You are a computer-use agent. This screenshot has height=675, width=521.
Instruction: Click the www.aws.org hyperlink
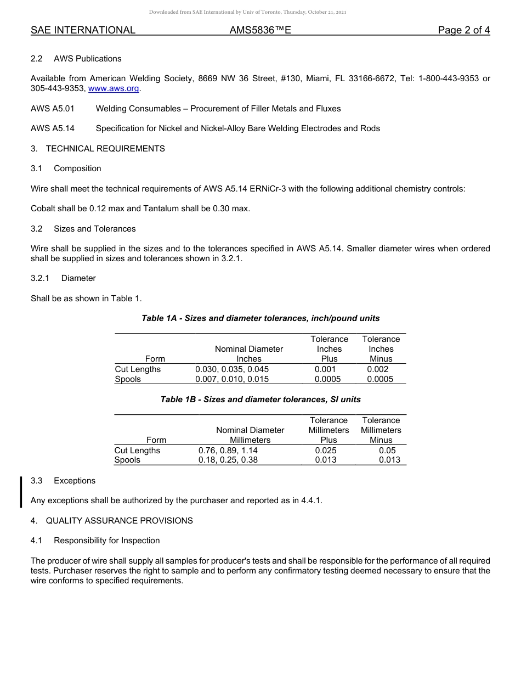pyautogui.click(x=114, y=88)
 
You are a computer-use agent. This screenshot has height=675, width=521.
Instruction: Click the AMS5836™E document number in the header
pyautogui.click(x=260, y=31)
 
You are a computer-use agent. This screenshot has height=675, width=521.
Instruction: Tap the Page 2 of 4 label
pyautogui.click(x=463, y=31)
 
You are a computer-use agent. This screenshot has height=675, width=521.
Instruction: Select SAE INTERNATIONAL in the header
pyautogui.click(x=83, y=31)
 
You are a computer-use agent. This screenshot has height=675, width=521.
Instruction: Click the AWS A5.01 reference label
pyautogui.click(x=52, y=109)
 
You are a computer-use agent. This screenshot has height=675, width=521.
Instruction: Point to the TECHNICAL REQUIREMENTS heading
pyautogui.click(x=105, y=149)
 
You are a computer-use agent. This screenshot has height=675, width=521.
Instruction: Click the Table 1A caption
pyautogui.click(x=260, y=318)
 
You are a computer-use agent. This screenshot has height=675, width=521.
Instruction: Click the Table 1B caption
pyautogui.click(x=260, y=400)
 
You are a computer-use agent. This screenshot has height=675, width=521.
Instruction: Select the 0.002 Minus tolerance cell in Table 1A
pyautogui.click(x=378, y=369)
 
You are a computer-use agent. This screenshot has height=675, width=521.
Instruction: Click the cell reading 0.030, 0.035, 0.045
pyautogui.click(x=232, y=369)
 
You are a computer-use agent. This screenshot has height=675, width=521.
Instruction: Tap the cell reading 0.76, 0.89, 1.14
pyautogui.click(x=228, y=451)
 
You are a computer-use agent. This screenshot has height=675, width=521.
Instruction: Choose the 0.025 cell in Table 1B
pyautogui.click(x=326, y=451)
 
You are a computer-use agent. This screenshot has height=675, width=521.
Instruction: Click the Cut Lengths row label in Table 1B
pyautogui.click(x=137, y=451)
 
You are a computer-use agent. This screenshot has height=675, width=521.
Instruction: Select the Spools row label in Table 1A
pyautogui.click(x=128, y=379)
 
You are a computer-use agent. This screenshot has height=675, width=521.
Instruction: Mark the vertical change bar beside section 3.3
pyautogui.click(x=21, y=492)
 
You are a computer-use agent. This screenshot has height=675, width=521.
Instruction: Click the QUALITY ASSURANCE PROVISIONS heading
pyautogui.click(x=119, y=521)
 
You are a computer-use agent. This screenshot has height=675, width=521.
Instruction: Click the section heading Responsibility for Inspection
pyautogui.click(x=107, y=541)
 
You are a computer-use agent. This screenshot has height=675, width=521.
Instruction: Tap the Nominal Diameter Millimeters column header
pyautogui.click(x=250, y=435)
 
